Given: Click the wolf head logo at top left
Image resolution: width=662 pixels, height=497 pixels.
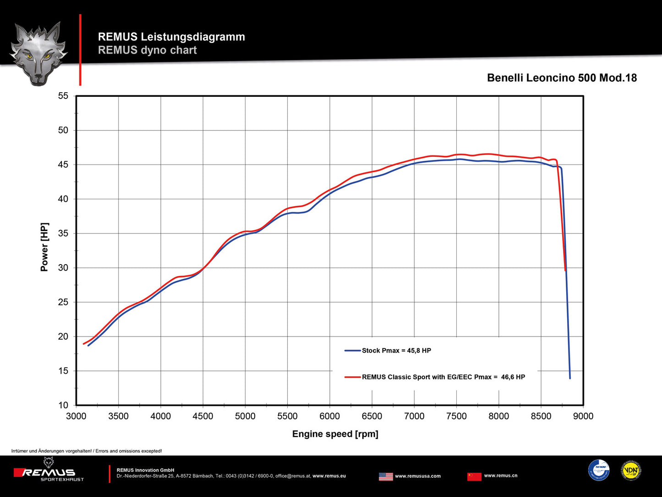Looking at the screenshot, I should click(x=38, y=53).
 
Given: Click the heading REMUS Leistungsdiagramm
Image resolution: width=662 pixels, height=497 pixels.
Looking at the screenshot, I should click(x=171, y=37).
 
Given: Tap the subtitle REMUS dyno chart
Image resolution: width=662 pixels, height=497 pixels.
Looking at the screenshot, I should click(x=147, y=50).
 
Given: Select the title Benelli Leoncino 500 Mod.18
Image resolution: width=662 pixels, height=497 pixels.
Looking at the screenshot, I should click(x=562, y=78).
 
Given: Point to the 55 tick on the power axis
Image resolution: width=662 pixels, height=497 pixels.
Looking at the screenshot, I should click(x=63, y=96).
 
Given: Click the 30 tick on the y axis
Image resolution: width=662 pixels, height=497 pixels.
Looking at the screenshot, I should click(x=63, y=268).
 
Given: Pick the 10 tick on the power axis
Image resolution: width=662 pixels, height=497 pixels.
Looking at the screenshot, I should click(x=63, y=405).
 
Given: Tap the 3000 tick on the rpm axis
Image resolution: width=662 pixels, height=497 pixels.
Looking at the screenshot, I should click(x=76, y=416).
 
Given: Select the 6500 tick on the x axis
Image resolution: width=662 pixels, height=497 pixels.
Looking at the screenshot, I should click(x=372, y=416).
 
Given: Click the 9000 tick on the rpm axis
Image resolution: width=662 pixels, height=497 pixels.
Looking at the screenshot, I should click(x=583, y=416).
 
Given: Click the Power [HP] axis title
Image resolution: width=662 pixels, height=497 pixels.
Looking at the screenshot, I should click(x=44, y=247).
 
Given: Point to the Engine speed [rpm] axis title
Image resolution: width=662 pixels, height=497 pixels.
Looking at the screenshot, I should click(x=335, y=434).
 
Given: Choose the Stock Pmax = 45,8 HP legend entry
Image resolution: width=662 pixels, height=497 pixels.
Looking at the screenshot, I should click(x=396, y=351).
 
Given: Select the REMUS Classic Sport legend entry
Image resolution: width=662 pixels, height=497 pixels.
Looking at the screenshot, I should click(x=443, y=377).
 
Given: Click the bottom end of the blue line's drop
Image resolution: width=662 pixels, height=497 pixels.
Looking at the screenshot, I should click(x=570, y=378).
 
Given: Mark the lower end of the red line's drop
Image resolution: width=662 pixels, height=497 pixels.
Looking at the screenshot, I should click(x=565, y=270).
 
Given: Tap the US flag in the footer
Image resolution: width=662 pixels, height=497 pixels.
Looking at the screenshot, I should click(x=386, y=476).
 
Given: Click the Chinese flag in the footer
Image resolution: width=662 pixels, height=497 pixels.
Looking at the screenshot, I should click(x=474, y=476).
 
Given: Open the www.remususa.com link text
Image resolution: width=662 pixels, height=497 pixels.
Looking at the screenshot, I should click(x=418, y=476).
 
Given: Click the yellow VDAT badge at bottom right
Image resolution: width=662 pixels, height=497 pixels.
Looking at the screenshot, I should click(x=631, y=470).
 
